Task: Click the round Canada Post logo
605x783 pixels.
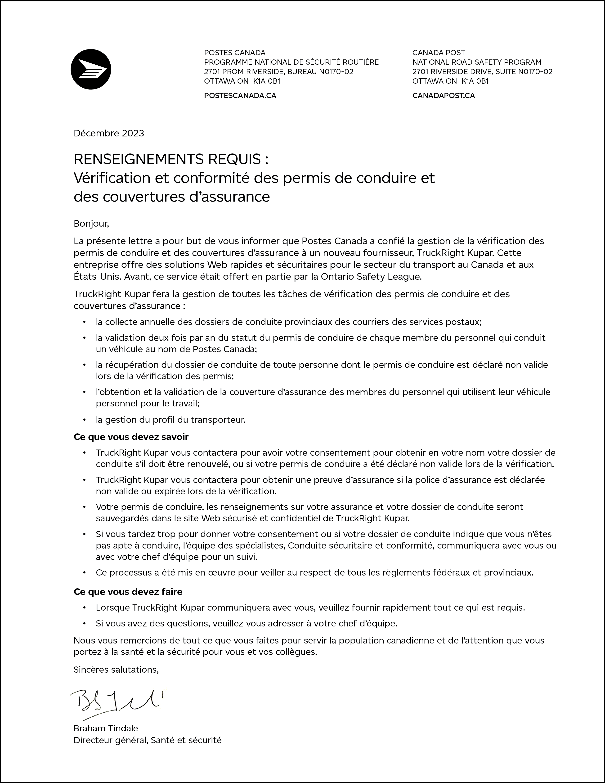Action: (x=91, y=69)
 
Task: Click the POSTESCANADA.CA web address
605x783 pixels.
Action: (x=240, y=96)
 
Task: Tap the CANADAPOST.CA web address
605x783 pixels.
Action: (x=443, y=96)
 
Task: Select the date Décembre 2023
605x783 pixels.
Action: (x=109, y=133)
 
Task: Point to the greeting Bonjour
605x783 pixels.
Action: (x=91, y=224)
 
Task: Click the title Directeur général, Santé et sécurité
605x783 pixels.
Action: (x=147, y=740)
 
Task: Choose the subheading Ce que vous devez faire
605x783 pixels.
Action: (x=128, y=592)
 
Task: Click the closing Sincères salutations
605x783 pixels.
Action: (x=116, y=669)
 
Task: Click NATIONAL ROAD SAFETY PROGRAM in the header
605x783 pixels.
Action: (x=477, y=62)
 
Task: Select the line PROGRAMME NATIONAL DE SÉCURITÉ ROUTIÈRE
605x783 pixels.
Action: (x=291, y=62)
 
